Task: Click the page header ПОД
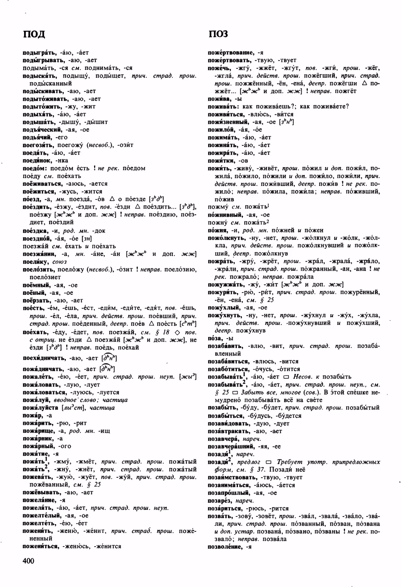pyautogui.click(x=34, y=34)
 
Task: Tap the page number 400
pyautogui.click(x=28, y=561)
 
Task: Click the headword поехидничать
pyautogui.click(x=44, y=358)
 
